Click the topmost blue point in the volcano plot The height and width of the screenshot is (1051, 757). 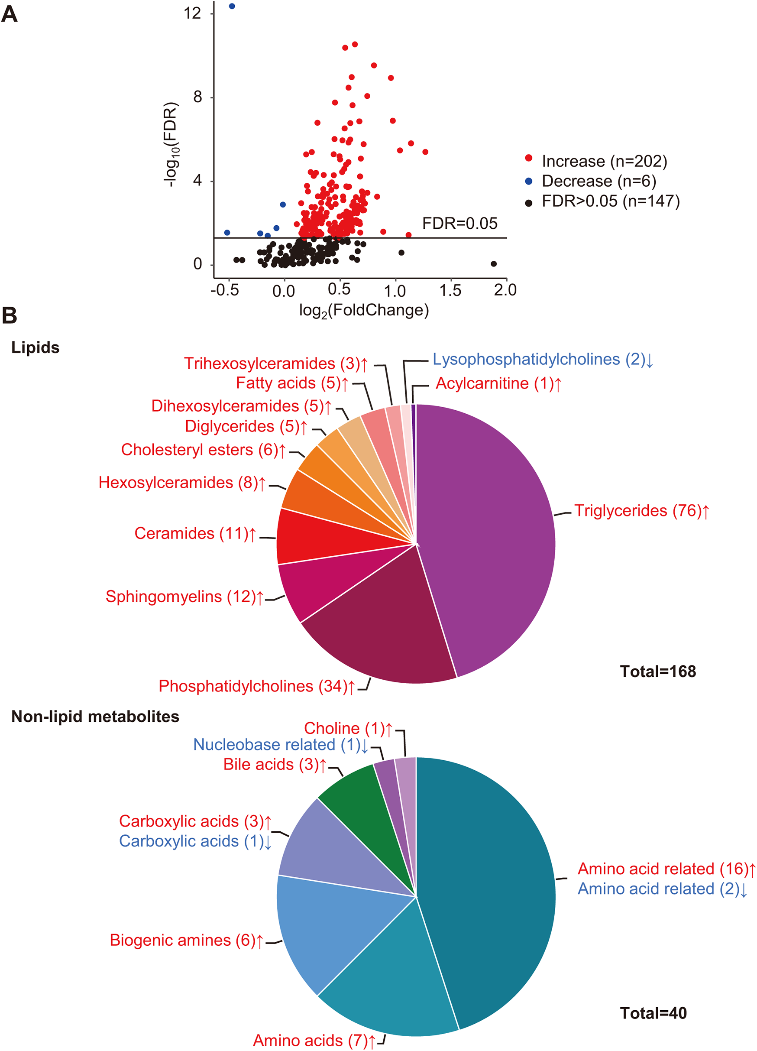pos(232,6)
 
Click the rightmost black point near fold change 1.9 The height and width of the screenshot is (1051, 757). pos(493,264)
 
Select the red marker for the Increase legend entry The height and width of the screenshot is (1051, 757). pos(529,158)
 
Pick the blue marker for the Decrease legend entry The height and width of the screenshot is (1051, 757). pos(529,181)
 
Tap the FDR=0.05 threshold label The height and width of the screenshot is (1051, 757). pos(459,224)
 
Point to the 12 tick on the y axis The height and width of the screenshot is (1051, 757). pos(192,13)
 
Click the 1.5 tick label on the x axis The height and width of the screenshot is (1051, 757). pos(450,291)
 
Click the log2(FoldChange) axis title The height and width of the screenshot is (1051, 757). pos(364,310)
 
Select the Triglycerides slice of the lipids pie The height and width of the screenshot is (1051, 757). pos(491,533)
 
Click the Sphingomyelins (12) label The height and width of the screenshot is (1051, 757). pos(184,597)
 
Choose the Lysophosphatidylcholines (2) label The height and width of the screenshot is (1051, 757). pos(543,359)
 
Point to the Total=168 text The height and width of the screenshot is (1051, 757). pos(657,671)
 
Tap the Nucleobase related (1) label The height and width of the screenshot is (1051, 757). pos(281,745)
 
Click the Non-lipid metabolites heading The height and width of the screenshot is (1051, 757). pos(95,717)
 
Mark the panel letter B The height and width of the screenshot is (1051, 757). pos(9,315)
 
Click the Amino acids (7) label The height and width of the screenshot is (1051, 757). pos(314,1040)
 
